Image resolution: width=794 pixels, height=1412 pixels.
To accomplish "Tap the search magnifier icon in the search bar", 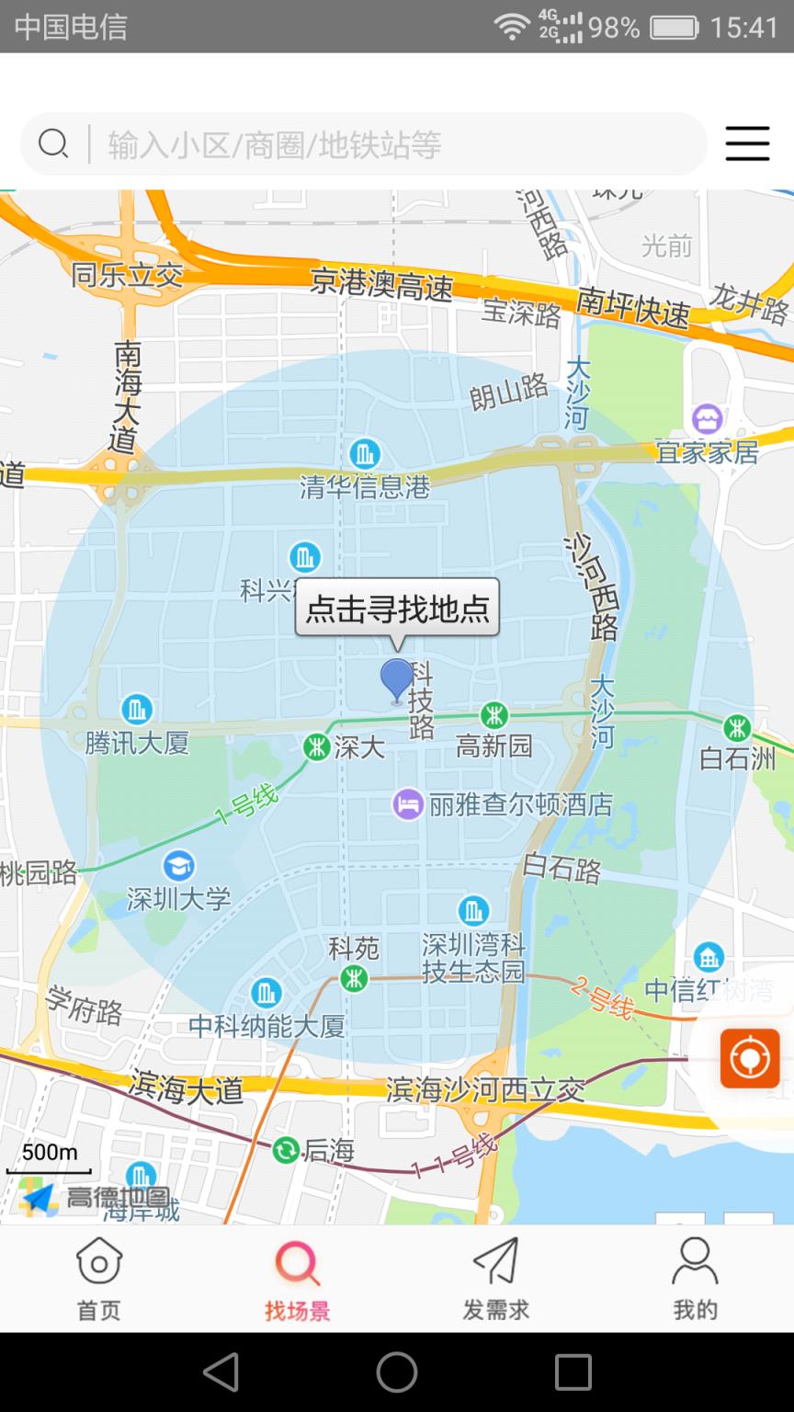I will click(53, 143).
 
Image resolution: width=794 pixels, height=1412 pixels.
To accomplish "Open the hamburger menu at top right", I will click(747, 143).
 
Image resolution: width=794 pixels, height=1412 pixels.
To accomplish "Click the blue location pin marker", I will click(397, 680).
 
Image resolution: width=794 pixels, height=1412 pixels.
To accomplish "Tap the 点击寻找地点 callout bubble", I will click(397, 608).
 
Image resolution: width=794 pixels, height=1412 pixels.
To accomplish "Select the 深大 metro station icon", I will click(317, 746).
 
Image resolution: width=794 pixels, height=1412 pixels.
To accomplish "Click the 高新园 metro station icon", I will click(494, 714).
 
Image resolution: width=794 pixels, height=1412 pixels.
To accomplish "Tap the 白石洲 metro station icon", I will click(737, 728).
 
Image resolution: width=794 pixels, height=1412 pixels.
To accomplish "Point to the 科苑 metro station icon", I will click(354, 979).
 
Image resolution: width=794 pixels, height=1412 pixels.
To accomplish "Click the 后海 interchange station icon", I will click(287, 1149).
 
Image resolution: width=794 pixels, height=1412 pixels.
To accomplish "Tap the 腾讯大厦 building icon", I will click(137, 709).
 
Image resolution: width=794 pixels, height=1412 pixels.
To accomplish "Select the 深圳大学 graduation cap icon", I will click(178, 865).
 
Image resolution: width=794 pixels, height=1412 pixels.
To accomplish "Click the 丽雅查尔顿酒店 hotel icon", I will click(408, 804).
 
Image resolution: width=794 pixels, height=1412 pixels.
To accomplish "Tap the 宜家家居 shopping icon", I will click(708, 419).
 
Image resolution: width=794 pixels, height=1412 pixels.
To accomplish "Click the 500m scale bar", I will click(49, 1160).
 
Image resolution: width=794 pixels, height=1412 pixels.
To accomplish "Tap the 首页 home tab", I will click(99, 1277).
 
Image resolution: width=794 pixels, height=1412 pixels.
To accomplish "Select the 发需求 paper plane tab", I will click(496, 1277).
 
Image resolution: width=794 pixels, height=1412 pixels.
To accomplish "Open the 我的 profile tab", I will click(695, 1277).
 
